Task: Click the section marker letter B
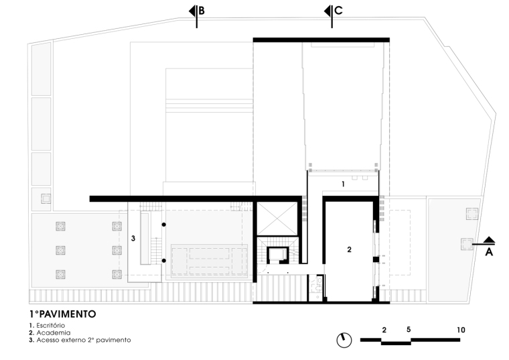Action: [x=202, y=11]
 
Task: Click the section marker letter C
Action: [x=338, y=11]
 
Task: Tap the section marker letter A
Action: [x=489, y=252]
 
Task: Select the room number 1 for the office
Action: [x=343, y=184]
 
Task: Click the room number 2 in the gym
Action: [x=350, y=249]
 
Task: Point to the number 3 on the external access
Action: [x=133, y=239]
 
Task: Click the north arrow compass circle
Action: [x=344, y=340]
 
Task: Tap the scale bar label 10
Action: [x=461, y=330]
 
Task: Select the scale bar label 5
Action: [x=409, y=329]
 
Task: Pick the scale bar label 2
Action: [x=384, y=330]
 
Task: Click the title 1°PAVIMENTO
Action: [x=63, y=314]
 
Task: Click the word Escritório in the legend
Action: [x=51, y=325]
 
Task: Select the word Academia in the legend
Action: [x=53, y=333]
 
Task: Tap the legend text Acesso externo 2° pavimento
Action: [x=84, y=340]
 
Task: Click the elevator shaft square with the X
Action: [x=277, y=219]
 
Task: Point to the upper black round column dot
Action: [x=164, y=225]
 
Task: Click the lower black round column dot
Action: [x=164, y=261]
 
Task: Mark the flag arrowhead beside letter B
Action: [x=192, y=11]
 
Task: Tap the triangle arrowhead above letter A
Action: [x=489, y=240]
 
